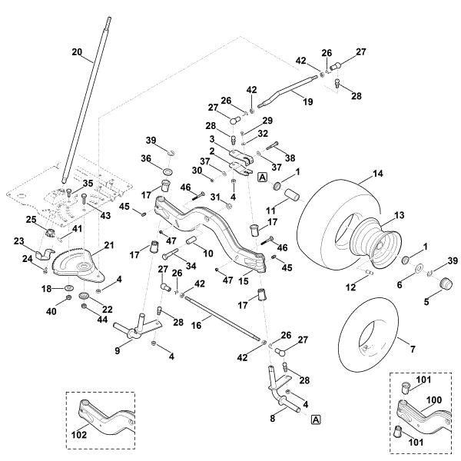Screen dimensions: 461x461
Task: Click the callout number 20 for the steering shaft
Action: click(x=76, y=51)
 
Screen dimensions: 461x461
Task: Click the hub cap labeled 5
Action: click(x=443, y=285)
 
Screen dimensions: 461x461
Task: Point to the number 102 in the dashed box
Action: click(x=80, y=434)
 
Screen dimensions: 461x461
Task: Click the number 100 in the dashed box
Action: click(x=435, y=401)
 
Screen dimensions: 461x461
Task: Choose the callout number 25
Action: click(x=32, y=221)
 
